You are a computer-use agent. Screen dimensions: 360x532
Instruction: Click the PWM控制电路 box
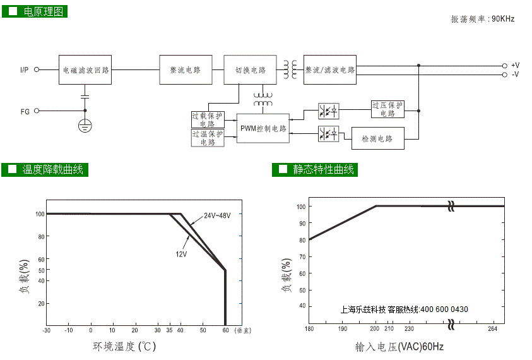(x=263, y=128)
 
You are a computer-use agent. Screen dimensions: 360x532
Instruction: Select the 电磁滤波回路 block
(x=86, y=70)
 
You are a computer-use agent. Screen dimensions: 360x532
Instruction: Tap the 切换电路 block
(x=250, y=70)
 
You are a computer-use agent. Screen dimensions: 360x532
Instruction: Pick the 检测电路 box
(x=377, y=138)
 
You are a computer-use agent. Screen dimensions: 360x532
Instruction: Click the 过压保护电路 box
(x=387, y=109)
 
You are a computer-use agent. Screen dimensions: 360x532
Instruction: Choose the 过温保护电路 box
(x=207, y=138)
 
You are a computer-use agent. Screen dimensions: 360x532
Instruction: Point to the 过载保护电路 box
(x=207, y=119)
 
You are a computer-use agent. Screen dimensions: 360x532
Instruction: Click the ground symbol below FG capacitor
(x=85, y=125)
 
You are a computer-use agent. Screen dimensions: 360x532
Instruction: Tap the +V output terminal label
(x=515, y=66)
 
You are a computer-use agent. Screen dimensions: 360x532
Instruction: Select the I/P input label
(x=24, y=69)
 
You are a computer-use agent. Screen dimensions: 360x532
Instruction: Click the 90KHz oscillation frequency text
(x=503, y=19)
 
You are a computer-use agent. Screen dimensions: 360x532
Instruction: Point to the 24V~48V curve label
(x=217, y=216)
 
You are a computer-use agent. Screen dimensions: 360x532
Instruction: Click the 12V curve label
(x=181, y=253)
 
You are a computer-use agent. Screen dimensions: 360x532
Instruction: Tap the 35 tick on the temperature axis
(x=169, y=330)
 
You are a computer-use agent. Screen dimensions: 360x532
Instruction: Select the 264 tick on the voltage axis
(x=492, y=328)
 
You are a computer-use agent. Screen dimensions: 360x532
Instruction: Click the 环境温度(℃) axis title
(x=124, y=346)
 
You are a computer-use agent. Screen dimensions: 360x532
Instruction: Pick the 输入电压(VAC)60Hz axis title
(x=399, y=346)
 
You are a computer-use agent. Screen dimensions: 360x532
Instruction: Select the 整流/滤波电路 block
(x=330, y=70)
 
